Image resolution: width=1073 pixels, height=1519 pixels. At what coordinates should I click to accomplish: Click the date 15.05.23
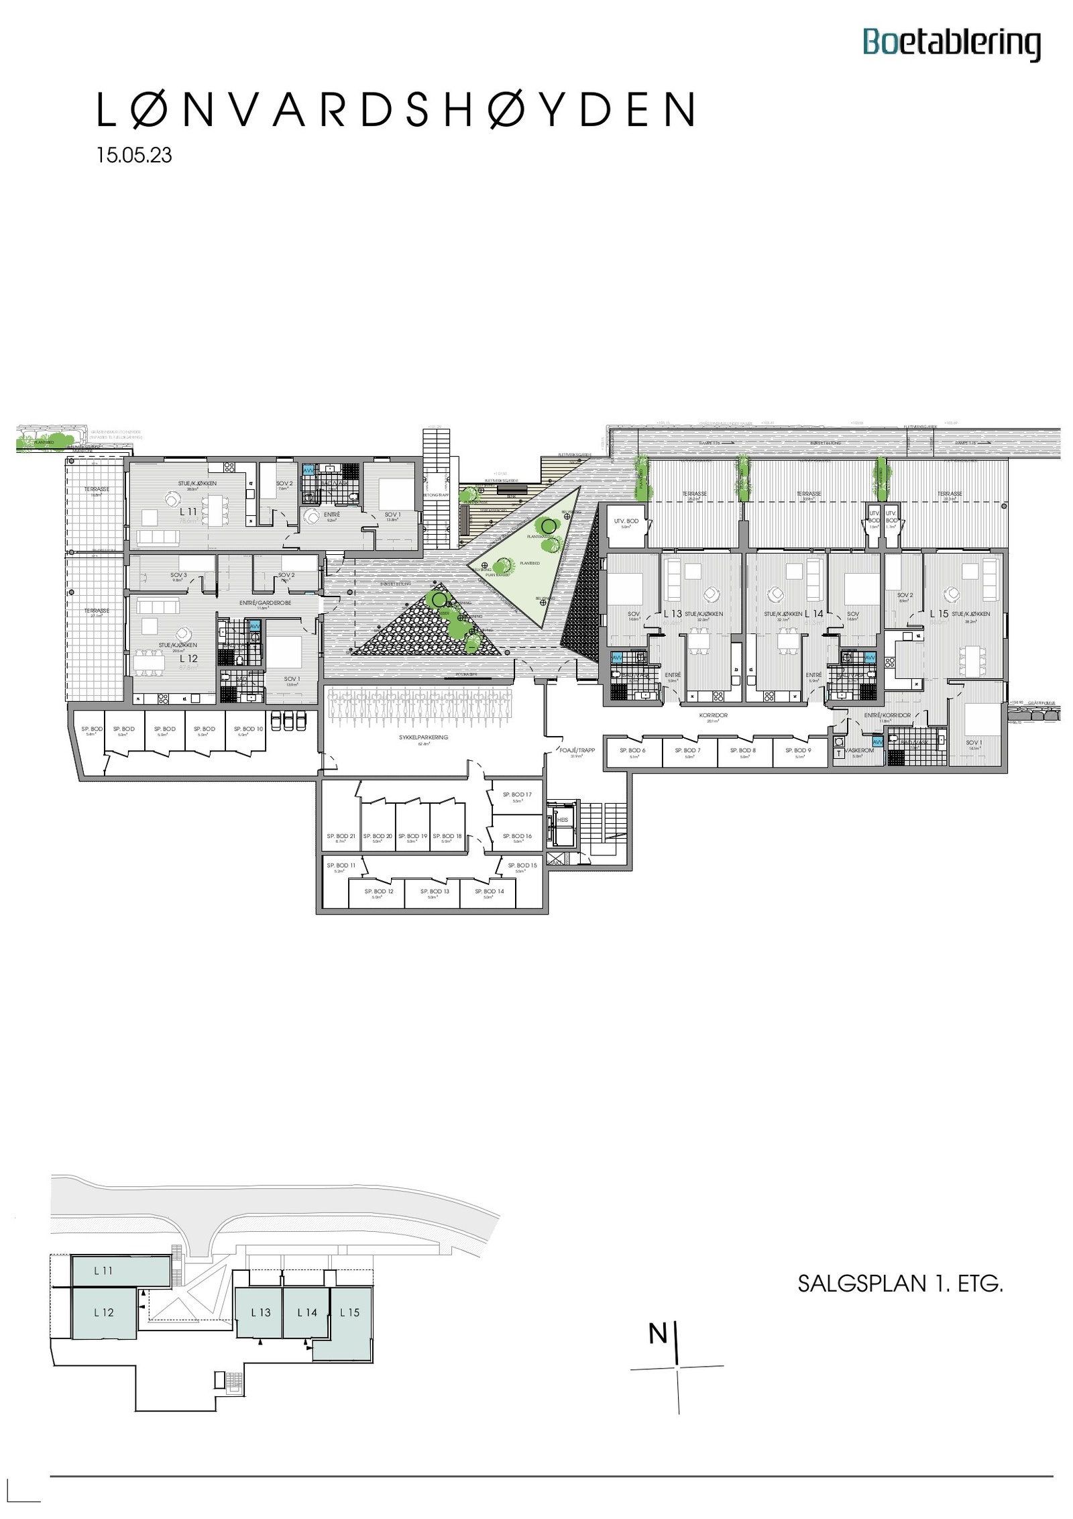(134, 155)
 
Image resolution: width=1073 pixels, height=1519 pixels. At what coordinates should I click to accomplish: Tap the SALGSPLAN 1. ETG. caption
(900, 1284)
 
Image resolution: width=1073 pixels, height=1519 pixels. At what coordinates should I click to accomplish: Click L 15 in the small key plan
(349, 1312)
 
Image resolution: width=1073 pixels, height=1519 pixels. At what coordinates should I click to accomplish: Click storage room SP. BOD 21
(341, 837)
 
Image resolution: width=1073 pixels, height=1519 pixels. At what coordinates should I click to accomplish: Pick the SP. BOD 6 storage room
(632, 751)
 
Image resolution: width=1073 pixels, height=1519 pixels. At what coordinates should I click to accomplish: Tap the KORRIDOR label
(713, 715)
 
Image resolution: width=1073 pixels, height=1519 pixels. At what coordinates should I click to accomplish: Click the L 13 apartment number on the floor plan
(673, 613)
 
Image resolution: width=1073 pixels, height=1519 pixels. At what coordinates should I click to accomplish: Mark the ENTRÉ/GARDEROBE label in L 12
(265, 603)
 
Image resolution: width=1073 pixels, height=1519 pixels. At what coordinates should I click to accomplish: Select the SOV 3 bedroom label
(178, 575)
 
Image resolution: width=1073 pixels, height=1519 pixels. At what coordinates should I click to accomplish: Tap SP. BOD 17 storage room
(517, 795)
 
